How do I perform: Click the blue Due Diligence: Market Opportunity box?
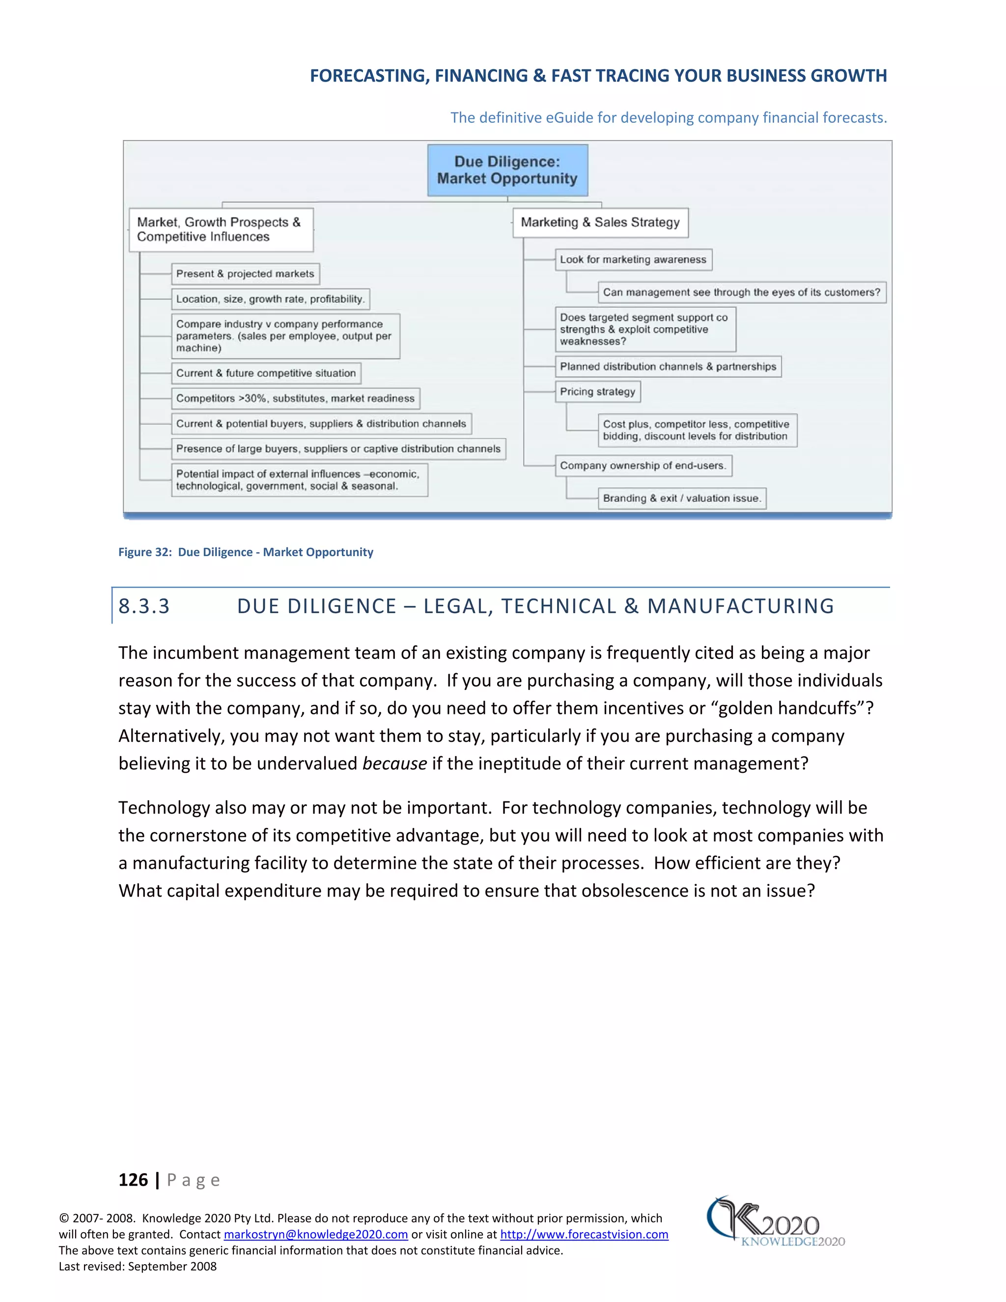[x=507, y=170]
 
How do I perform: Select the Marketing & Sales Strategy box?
[x=600, y=223]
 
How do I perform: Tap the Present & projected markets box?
[x=245, y=274]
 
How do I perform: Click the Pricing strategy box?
[x=597, y=392]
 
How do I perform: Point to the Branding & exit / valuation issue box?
[x=682, y=498]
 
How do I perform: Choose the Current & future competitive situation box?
[x=266, y=373]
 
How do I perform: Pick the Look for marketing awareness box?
[x=633, y=259]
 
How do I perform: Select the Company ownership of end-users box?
[x=643, y=466]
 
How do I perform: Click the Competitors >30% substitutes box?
[x=295, y=398]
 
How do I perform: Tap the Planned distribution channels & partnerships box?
[x=668, y=367]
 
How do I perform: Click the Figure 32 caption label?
[x=246, y=552]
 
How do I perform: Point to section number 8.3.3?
[x=144, y=606]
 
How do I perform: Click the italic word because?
[x=394, y=764]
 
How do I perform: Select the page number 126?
[x=133, y=1180]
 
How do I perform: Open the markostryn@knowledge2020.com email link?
[x=315, y=1235]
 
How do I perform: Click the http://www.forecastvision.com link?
[x=584, y=1235]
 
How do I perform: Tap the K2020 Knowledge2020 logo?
[x=775, y=1222]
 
